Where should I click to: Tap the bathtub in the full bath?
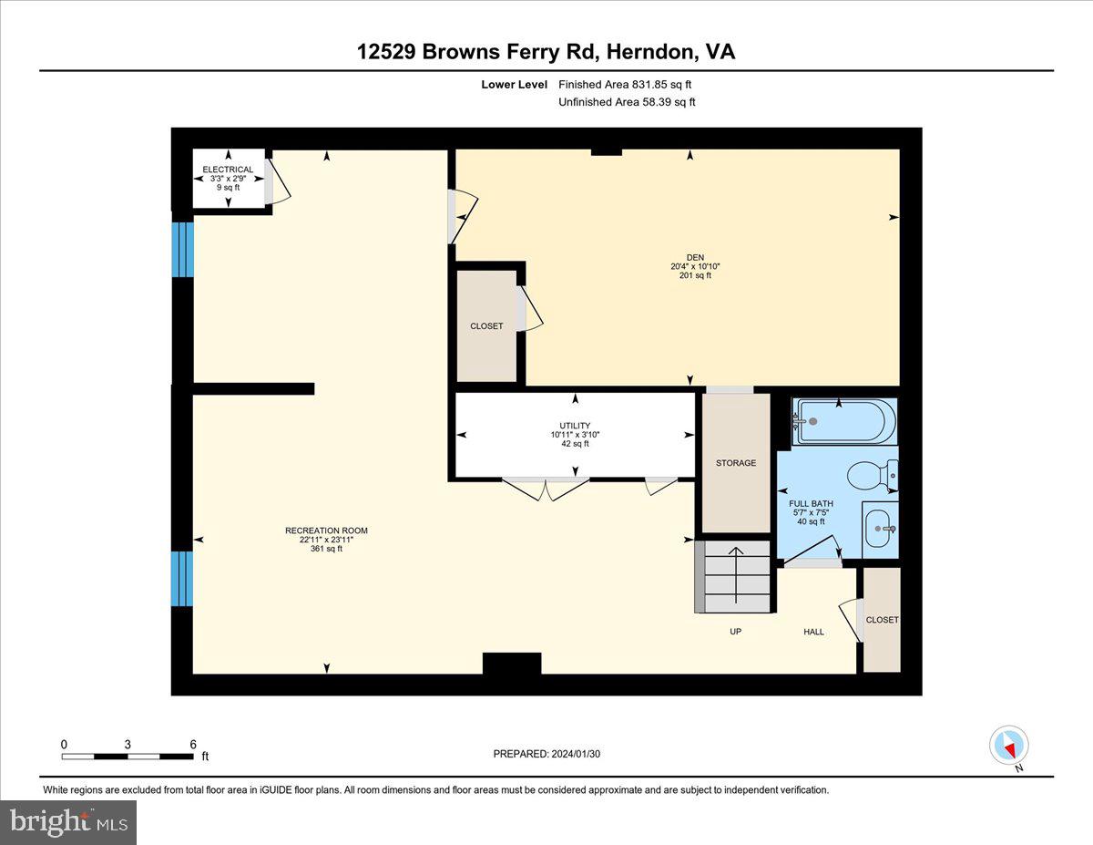click(844, 421)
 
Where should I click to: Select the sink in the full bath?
click(880, 529)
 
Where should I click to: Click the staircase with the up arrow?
click(733, 577)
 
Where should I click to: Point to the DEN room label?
click(696, 257)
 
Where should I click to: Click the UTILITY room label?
click(575, 426)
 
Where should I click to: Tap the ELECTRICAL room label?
click(228, 170)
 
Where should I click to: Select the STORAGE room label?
click(736, 462)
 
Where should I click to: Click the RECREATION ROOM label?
click(326, 531)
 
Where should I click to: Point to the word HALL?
click(814, 632)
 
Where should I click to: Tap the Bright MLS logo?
click(68, 822)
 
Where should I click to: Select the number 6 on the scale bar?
click(193, 745)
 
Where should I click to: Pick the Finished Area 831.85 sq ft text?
click(625, 85)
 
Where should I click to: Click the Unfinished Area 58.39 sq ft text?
click(628, 102)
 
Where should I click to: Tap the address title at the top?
click(546, 52)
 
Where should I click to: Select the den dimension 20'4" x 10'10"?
click(696, 266)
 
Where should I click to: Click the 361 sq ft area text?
click(326, 549)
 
